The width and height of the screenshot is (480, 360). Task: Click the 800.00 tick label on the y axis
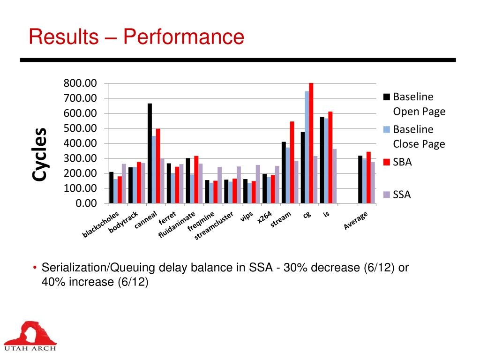tap(80, 83)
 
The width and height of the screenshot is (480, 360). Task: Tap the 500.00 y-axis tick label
tap(80, 128)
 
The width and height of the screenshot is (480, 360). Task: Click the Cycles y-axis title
tap(39, 155)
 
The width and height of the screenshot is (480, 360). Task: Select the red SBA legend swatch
tap(387, 162)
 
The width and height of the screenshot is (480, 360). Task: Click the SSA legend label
tap(402, 195)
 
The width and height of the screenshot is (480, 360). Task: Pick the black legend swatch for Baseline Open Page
tap(387, 97)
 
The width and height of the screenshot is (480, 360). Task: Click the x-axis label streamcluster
tap(214, 226)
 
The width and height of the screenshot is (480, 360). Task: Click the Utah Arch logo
tap(30, 336)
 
